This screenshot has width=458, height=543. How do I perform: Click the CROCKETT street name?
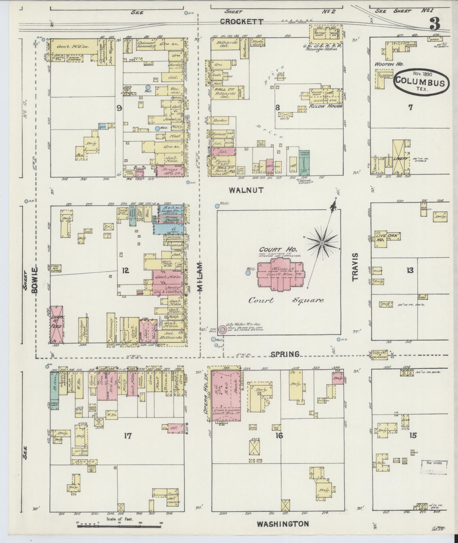[x=242, y=22]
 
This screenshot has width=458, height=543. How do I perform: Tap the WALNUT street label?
[x=246, y=190]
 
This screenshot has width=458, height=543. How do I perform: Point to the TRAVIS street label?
[x=355, y=267]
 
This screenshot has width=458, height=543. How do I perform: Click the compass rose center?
[x=322, y=244]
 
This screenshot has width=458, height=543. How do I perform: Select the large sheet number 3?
[x=434, y=24]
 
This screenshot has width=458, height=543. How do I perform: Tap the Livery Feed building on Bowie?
[x=57, y=324]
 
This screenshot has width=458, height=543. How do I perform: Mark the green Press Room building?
[x=304, y=163]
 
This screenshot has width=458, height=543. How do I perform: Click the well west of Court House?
[x=248, y=273]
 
